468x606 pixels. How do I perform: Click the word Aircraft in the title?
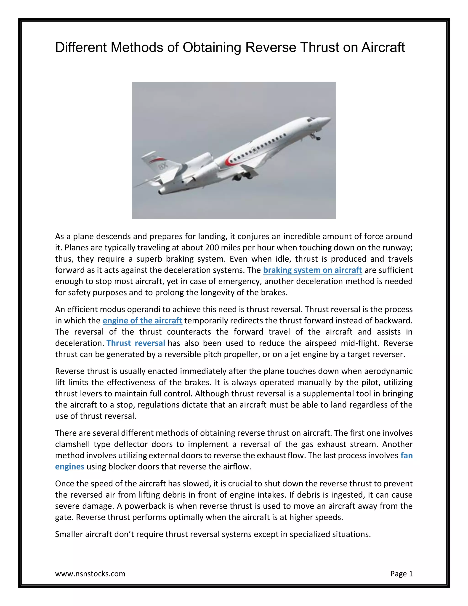point(383,47)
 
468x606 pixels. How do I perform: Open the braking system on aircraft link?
point(312,270)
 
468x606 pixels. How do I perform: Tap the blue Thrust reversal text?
point(136,343)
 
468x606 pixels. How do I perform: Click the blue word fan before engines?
point(407,455)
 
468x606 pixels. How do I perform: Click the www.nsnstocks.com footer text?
point(90,574)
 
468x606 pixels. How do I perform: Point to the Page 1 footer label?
point(402,574)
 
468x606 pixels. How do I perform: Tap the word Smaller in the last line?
point(69,534)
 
